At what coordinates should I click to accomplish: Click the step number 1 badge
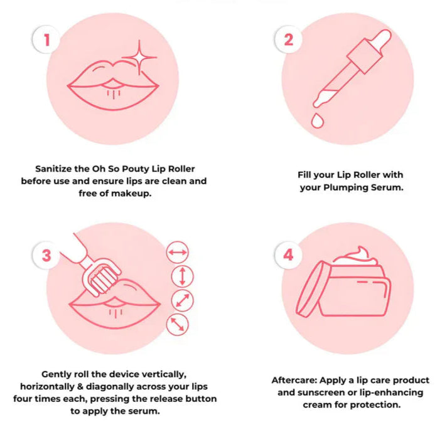(46, 39)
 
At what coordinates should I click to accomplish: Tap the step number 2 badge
(288, 39)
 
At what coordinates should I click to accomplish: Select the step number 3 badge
(46, 255)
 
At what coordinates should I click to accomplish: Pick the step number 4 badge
(288, 255)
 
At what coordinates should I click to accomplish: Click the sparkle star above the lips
(139, 58)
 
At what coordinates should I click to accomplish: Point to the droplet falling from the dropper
(318, 121)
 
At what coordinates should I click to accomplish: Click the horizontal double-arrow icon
(178, 252)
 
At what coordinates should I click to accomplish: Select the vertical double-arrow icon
(183, 276)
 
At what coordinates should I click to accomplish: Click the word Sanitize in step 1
(53, 169)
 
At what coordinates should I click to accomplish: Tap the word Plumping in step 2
(344, 187)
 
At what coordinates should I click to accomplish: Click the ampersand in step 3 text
(80, 387)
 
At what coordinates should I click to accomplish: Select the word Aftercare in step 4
(294, 380)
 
